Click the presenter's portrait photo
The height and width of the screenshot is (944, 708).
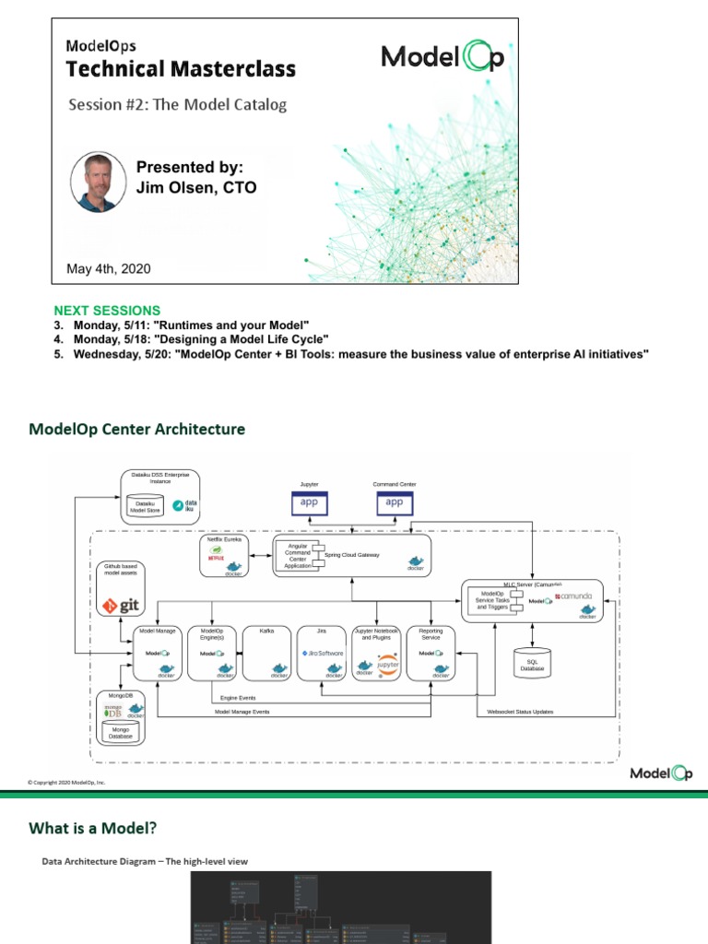[99, 183]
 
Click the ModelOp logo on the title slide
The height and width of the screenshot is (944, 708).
[443, 58]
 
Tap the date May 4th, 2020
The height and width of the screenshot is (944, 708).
[109, 269]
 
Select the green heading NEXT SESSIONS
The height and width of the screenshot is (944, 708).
[107, 311]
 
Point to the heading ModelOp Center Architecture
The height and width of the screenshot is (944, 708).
[137, 430]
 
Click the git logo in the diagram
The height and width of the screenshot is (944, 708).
[122, 606]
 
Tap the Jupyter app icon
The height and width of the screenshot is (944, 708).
[310, 502]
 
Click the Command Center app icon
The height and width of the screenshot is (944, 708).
[395, 502]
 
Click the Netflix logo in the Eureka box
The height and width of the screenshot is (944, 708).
[217, 557]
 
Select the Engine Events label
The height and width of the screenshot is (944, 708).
[239, 700]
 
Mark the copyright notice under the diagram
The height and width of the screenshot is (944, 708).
[66, 783]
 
